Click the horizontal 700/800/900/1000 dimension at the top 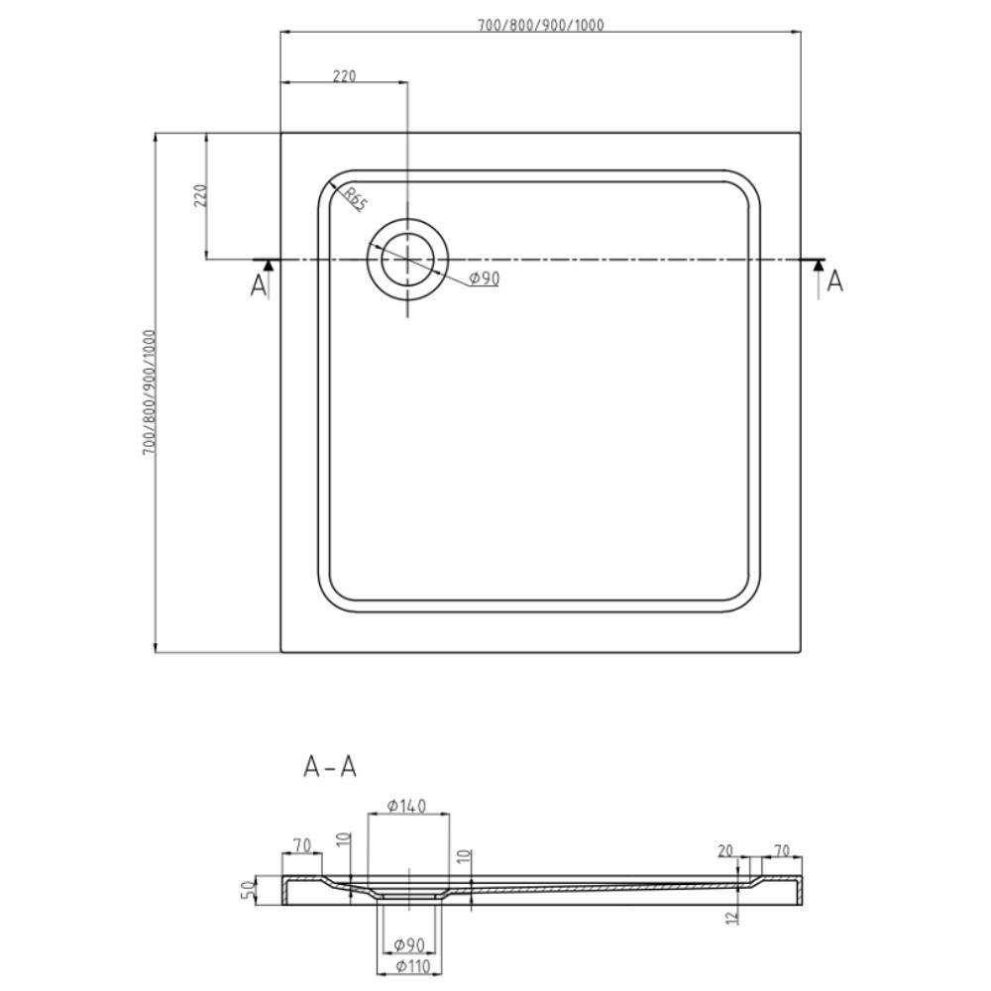(x=540, y=25)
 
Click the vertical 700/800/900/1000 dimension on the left (x=150, y=392)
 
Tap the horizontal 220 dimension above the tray (x=345, y=76)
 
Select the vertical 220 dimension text (x=200, y=195)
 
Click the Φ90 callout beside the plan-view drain (x=485, y=278)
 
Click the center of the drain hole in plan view (x=407, y=260)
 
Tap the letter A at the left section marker (x=258, y=286)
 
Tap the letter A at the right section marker (x=834, y=281)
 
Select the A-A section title (x=330, y=767)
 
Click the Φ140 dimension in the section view (x=406, y=806)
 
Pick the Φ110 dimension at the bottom (x=412, y=966)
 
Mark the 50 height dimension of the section (x=250, y=890)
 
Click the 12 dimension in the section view (x=732, y=918)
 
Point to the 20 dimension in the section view (x=725, y=850)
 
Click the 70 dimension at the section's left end (x=302, y=845)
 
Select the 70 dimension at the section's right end (x=782, y=850)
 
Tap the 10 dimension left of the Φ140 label (x=343, y=840)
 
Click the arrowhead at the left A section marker (x=269, y=266)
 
